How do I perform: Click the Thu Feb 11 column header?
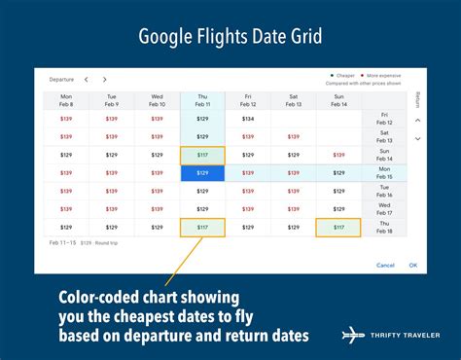202,101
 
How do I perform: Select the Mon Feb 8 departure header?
66,101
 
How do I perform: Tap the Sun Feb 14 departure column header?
338,101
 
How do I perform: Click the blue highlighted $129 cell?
202,173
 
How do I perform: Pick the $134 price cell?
248,119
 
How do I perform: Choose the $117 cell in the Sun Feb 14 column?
338,228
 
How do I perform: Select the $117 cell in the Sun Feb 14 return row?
202,156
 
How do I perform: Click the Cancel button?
386,265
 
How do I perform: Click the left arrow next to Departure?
86,80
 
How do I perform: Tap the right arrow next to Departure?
104,80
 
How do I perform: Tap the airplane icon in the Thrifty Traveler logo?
351,335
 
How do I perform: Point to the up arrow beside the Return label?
417,121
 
